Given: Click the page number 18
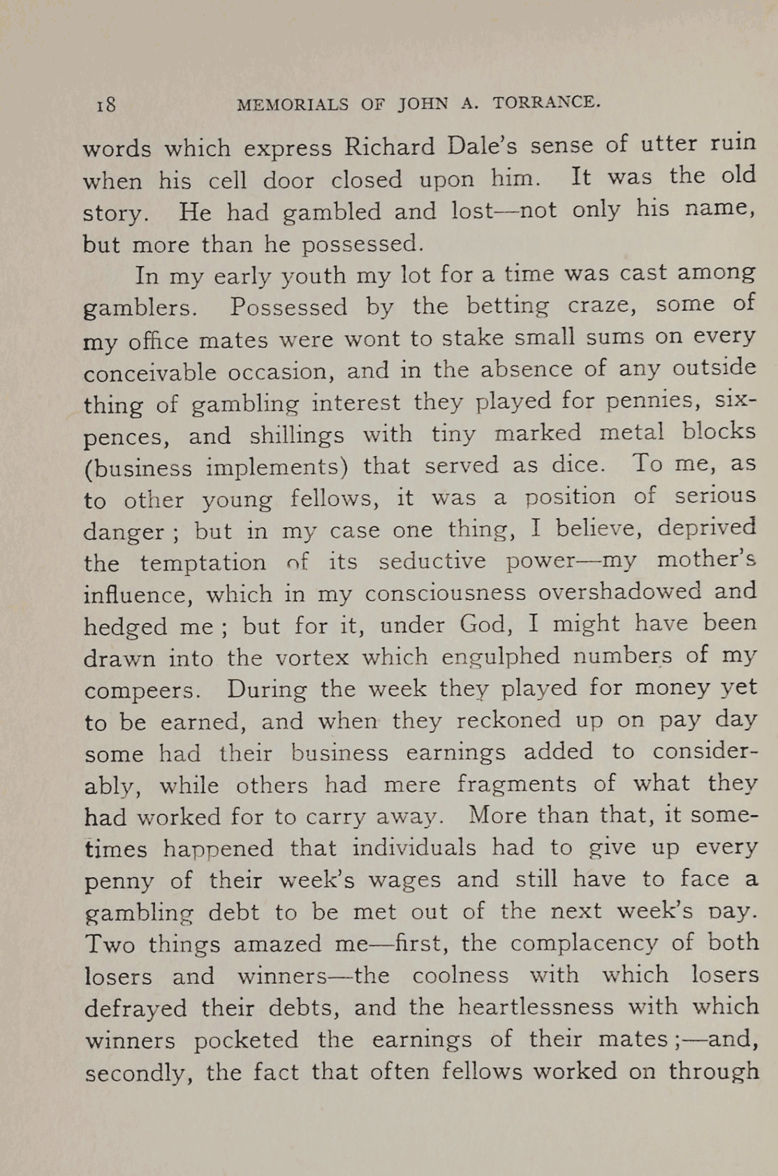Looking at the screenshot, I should tap(106, 105).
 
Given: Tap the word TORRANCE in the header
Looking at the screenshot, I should tap(546, 103).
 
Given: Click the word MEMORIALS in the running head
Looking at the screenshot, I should tap(293, 105).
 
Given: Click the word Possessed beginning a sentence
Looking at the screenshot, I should tap(288, 307).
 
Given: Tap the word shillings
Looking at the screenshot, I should tap(296, 435).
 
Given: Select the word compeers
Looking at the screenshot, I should tap(142, 690).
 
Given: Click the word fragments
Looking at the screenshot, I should tap(517, 784).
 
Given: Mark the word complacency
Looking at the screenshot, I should tap(584, 943).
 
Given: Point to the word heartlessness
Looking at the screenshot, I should tap(536, 1007).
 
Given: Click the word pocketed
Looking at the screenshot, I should tap(246, 1041).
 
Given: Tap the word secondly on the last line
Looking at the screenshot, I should tap(138, 1073).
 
